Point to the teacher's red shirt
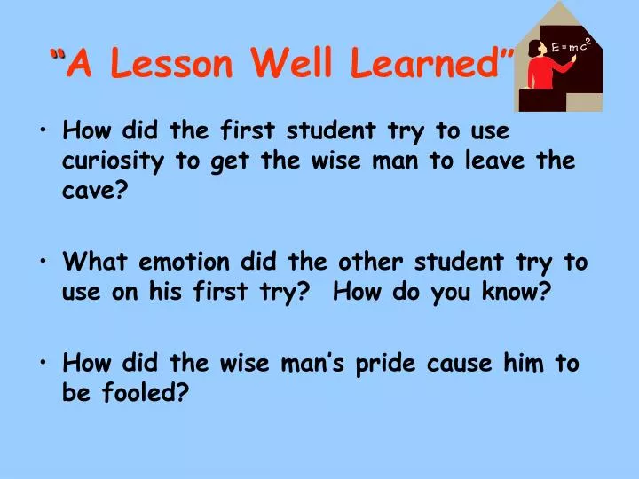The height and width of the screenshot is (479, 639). tap(540, 73)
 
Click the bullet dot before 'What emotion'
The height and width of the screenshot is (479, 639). tap(44, 263)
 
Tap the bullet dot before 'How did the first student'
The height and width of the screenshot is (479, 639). tap(44, 132)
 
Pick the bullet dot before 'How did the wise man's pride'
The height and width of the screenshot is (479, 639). tap(44, 364)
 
